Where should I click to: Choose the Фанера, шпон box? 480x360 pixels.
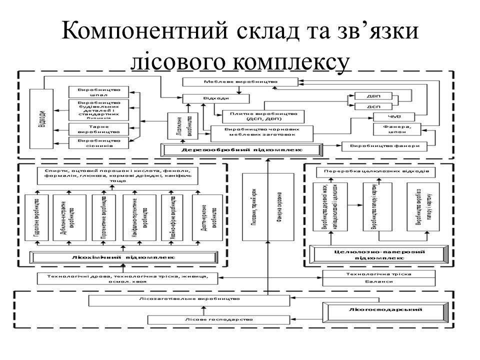coord(399,128)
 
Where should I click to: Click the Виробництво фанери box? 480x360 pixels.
coord(385,146)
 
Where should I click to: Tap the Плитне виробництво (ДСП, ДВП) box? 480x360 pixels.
coord(264,116)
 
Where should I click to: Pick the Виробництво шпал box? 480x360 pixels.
coord(99,91)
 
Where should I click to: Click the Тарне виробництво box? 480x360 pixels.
coord(99,129)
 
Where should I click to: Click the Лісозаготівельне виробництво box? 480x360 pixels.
coord(189,299)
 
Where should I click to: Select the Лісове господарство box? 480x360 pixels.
coord(218,319)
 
